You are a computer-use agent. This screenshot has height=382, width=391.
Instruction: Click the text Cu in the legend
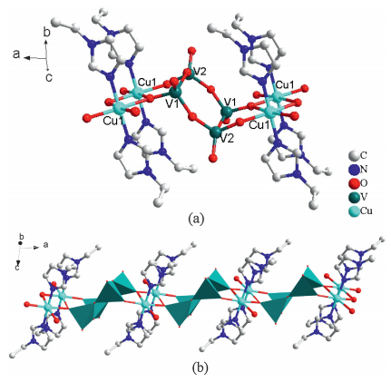coord(367,211)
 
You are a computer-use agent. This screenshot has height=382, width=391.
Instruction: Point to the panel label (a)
coord(196,219)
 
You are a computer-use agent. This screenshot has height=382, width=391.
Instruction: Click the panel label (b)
coord(200,367)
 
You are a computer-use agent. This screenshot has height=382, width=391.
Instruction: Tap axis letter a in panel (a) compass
coord(16,54)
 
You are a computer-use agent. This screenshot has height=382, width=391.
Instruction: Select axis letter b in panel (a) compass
coord(46,33)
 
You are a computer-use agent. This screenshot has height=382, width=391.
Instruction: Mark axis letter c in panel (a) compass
coord(49,77)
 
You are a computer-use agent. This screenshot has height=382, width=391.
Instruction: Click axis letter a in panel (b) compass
coord(45,245)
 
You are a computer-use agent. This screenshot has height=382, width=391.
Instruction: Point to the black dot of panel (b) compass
coord(21,243)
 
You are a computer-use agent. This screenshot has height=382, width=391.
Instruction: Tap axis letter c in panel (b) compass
coord(17,268)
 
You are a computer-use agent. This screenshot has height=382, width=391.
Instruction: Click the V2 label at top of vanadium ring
coord(200,72)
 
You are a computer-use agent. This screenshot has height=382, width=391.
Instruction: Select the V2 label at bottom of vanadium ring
coord(227,140)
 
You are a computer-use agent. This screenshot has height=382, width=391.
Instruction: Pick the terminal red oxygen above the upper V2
coord(191,50)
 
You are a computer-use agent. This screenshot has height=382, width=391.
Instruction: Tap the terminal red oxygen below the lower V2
coord(213,158)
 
